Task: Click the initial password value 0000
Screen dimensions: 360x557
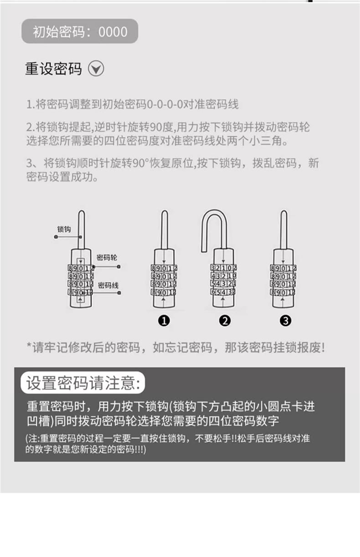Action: [x=113, y=31]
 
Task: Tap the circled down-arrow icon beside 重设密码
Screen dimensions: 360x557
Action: [x=96, y=68]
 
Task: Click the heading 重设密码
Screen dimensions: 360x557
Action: [x=53, y=69]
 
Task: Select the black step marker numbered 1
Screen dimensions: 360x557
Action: [x=164, y=321]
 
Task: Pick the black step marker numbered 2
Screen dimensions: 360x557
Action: [x=225, y=321]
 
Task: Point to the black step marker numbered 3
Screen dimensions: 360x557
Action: [x=285, y=321]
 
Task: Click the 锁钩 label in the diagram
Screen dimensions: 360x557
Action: [x=64, y=229]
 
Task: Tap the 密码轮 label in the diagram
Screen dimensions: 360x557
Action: [x=107, y=258]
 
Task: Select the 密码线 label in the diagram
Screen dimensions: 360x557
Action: [x=108, y=285]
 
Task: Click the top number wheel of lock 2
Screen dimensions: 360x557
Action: [x=223, y=268]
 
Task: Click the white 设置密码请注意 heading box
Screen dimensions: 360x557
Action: [x=83, y=383]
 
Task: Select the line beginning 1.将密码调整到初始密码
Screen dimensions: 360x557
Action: [x=132, y=104]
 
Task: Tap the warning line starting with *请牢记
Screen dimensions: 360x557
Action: [x=175, y=347]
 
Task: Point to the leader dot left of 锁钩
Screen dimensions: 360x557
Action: [x=56, y=237]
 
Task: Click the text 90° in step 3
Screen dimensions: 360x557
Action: [x=141, y=163]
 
